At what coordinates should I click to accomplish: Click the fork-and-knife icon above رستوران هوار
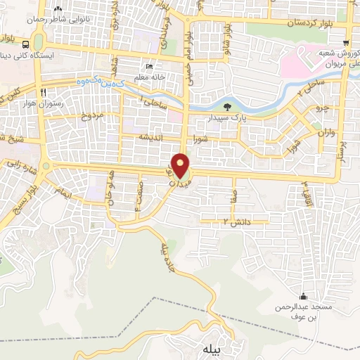(44, 92)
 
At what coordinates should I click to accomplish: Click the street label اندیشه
(153, 136)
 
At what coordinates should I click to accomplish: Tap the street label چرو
(321, 110)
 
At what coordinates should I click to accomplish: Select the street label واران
(323, 131)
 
